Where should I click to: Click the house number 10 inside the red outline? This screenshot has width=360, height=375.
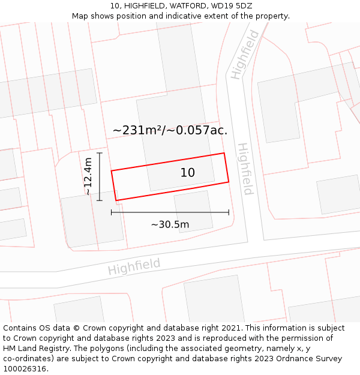(187, 173)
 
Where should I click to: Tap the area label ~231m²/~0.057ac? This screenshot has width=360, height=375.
(170, 130)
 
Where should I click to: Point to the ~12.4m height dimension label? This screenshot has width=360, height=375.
(88, 176)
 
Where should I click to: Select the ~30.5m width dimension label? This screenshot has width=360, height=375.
(170, 224)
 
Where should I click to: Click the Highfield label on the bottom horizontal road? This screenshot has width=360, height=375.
(134, 266)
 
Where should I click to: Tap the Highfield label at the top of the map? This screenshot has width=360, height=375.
(244, 55)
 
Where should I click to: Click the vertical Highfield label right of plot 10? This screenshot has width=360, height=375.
(245, 169)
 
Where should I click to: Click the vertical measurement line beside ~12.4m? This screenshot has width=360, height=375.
(100, 176)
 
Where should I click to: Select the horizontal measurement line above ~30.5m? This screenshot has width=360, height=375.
(170, 212)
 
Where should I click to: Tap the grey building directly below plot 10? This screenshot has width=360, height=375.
(193, 210)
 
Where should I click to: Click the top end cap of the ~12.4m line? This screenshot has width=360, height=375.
(100, 153)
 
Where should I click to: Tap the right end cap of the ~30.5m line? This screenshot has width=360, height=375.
(229, 212)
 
